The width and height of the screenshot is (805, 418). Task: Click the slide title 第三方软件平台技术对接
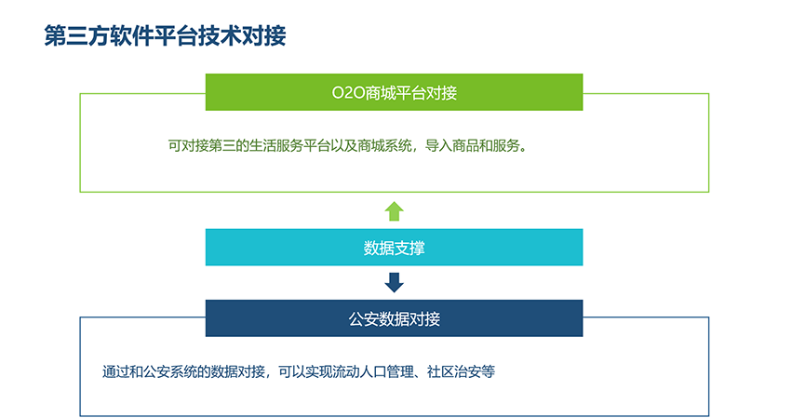click(x=166, y=35)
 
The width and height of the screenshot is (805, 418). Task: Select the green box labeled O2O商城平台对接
click(x=394, y=92)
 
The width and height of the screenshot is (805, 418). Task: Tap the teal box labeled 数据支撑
click(x=394, y=248)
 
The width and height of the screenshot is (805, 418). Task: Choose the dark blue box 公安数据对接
click(x=394, y=318)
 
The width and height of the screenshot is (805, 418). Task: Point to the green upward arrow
click(x=394, y=210)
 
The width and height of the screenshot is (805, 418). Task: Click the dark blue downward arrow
click(x=394, y=282)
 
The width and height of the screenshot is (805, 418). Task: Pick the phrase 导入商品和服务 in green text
click(x=471, y=146)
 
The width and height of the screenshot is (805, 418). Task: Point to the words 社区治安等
click(x=461, y=371)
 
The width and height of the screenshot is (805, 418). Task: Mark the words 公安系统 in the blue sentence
click(x=167, y=371)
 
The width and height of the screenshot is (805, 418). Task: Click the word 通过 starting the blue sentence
click(x=114, y=371)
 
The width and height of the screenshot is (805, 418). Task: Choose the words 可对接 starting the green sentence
click(x=185, y=146)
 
